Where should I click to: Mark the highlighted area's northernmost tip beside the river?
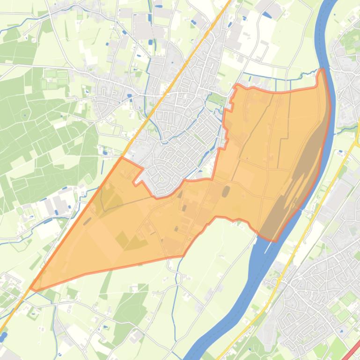tap(321, 71)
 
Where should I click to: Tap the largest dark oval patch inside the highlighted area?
tap(226, 192)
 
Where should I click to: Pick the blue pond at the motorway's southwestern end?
tap(3, 336)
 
